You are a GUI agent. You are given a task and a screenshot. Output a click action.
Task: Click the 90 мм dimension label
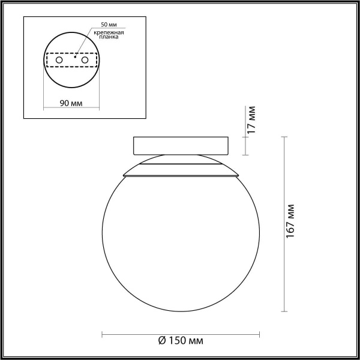pos(71,103)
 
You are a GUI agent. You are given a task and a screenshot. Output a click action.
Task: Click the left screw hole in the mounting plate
pos(59,61)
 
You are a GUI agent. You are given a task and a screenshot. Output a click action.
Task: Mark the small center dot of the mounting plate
pos(74,61)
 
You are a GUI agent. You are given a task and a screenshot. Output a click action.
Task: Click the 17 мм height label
pos(253,120)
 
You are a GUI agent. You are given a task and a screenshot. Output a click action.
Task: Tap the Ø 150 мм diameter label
pos(181,341)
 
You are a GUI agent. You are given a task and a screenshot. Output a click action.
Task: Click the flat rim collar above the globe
pos(181,175)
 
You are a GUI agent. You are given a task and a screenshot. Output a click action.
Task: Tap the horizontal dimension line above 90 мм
pos(71,108)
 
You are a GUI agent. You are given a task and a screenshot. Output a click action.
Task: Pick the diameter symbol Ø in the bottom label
pos(162,341)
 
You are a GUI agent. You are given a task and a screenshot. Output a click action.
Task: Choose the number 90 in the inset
pos(64,103)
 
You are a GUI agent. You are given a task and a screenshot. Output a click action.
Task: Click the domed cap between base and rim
pos(181,160)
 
